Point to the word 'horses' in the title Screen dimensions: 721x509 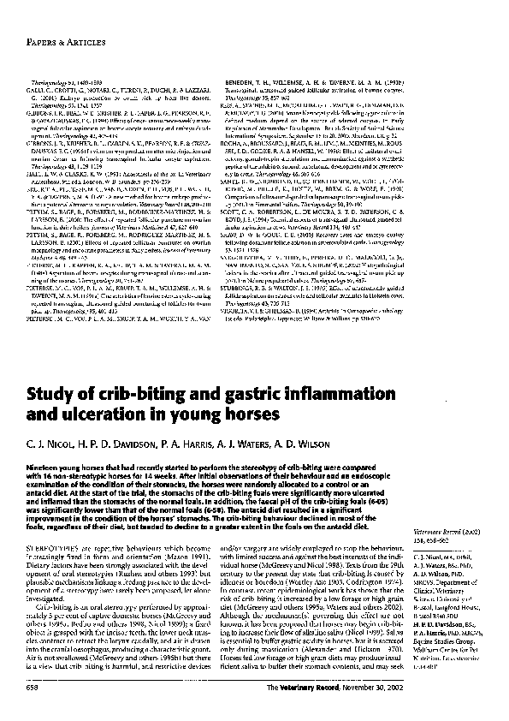click(253, 416)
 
